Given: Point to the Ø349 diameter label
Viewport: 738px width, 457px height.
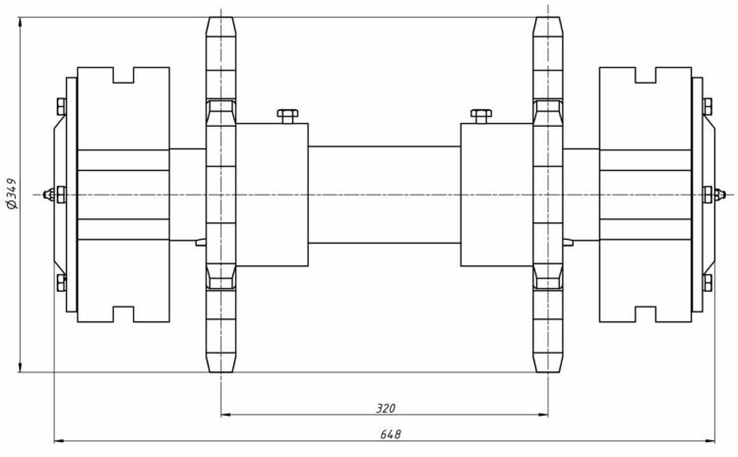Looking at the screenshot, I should click(12, 194).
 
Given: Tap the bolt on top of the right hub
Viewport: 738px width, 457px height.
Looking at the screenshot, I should click(480, 116).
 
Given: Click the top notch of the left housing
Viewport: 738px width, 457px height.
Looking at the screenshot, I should click(124, 75).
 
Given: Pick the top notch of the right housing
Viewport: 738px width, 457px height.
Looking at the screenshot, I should click(646, 75).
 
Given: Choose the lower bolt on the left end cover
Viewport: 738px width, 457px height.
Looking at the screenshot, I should click(61, 284).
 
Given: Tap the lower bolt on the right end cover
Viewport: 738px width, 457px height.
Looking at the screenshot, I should click(707, 284).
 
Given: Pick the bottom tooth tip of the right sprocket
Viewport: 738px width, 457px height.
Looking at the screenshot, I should click(547, 370).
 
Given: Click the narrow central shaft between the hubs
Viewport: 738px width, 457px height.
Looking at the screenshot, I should click(385, 194).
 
